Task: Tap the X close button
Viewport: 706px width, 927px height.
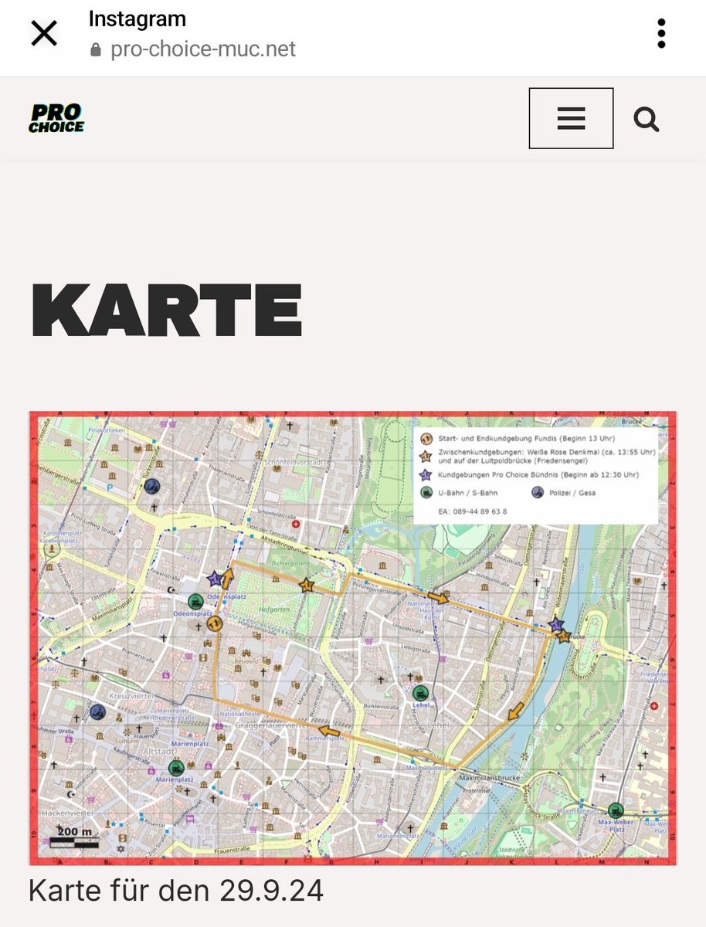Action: (x=44, y=34)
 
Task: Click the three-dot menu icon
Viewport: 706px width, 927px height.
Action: (x=661, y=34)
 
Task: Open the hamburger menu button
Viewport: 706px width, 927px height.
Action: (x=571, y=118)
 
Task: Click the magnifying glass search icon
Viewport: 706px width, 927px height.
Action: (x=646, y=119)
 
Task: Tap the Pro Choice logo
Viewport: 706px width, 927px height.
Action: (x=56, y=118)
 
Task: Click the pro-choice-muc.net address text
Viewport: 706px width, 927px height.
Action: (x=203, y=49)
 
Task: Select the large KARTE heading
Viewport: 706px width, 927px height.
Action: (x=166, y=311)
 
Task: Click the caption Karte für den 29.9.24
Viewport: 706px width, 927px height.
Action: (x=176, y=890)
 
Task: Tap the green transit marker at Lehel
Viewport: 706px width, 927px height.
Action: (x=421, y=693)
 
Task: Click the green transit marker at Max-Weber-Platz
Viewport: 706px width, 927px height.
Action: (x=616, y=810)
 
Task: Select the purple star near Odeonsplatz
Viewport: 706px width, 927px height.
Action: (x=215, y=578)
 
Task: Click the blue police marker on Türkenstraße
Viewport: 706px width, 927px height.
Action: (x=152, y=486)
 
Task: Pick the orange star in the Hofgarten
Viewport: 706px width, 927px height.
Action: (x=307, y=585)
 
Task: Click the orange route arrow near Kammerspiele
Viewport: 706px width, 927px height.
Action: (x=329, y=730)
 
